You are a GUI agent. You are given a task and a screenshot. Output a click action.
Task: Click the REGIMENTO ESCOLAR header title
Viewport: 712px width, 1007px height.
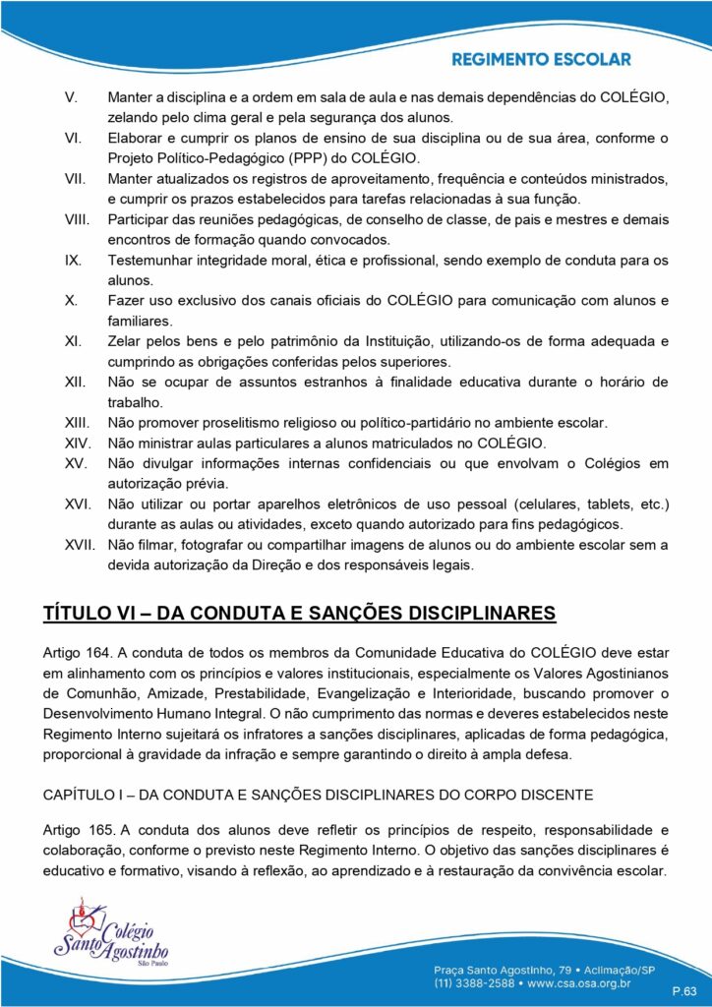pyautogui.click(x=541, y=60)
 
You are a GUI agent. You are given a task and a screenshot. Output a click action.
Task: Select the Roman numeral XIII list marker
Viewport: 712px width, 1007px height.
pyautogui.click(x=78, y=423)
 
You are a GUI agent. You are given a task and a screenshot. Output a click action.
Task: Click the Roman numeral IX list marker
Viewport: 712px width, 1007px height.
pyautogui.click(x=73, y=261)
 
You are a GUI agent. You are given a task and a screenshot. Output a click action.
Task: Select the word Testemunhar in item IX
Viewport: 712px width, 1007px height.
pyautogui.click(x=148, y=261)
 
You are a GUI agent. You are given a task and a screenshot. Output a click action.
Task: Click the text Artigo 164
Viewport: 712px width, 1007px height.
pyautogui.click(x=78, y=652)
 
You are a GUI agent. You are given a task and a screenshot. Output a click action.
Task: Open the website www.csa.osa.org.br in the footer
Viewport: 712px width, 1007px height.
pyautogui.click(x=598, y=981)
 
